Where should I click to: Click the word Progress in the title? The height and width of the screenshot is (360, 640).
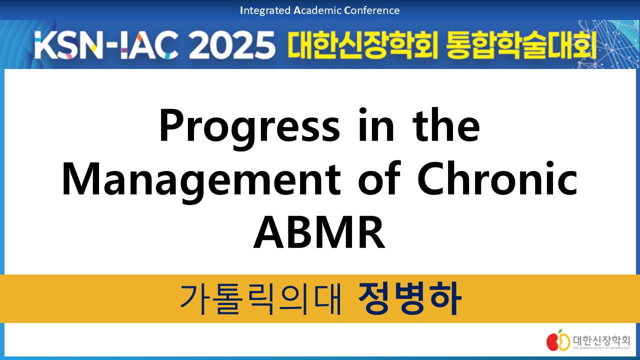(249, 128)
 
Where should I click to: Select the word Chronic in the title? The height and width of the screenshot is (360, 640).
(497, 178)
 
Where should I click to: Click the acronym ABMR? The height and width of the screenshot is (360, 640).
(319, 232)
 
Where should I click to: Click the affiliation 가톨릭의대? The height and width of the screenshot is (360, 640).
(260, 299)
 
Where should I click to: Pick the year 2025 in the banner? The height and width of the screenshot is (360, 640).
(231, 45)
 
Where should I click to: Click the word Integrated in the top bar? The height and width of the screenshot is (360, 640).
(265, 10)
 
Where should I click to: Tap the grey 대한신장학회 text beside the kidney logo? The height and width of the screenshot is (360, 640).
(601, 340)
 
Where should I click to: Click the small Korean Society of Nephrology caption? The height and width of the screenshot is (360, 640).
(601, 348)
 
